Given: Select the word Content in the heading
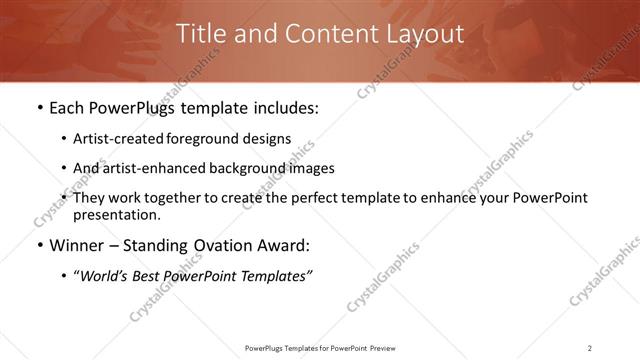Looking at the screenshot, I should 326,33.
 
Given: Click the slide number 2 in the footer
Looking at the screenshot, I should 590,347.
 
